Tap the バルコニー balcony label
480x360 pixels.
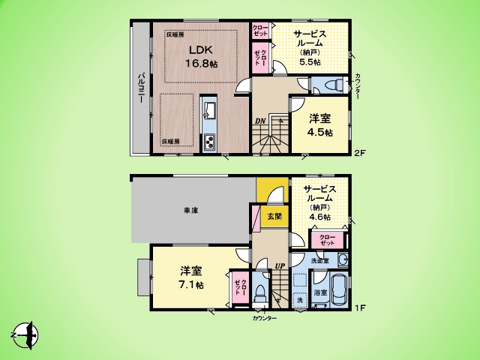pos(141,89)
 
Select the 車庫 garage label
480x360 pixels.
pos(190,211)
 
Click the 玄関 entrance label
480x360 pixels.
pos(274,217)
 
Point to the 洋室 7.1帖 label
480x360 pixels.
pos(192,277)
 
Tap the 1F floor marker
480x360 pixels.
pos(360,307)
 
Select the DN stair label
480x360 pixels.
pos(259,120)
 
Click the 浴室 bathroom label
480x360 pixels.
pos(320,292)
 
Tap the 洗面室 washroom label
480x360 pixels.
pos(321,259)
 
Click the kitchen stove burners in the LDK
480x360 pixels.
pos(208,141)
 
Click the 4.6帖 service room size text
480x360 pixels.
pos(319,217)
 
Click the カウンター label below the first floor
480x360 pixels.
pos(264,319)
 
